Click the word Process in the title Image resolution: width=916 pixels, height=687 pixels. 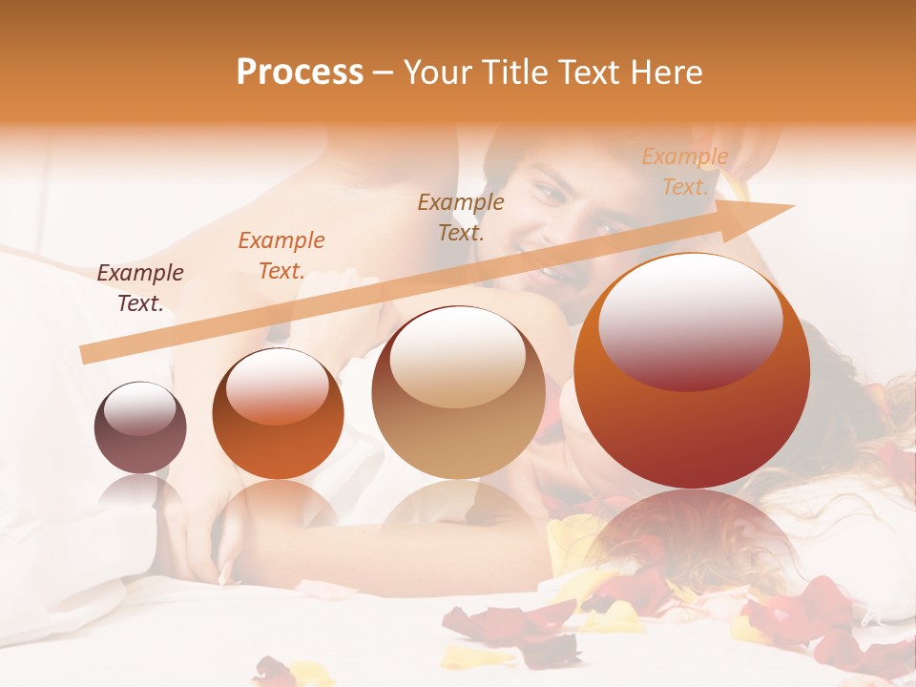(300, 73)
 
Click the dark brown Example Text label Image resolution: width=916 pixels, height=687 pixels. (139, 288)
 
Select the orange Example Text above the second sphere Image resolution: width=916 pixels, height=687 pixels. (281, 256)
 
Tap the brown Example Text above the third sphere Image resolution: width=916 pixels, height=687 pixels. (461, 217)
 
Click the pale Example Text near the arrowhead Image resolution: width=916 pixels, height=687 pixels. (684, 172)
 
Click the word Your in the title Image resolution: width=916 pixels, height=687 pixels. (436, 73)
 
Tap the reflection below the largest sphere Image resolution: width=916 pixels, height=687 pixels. (692, 534)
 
